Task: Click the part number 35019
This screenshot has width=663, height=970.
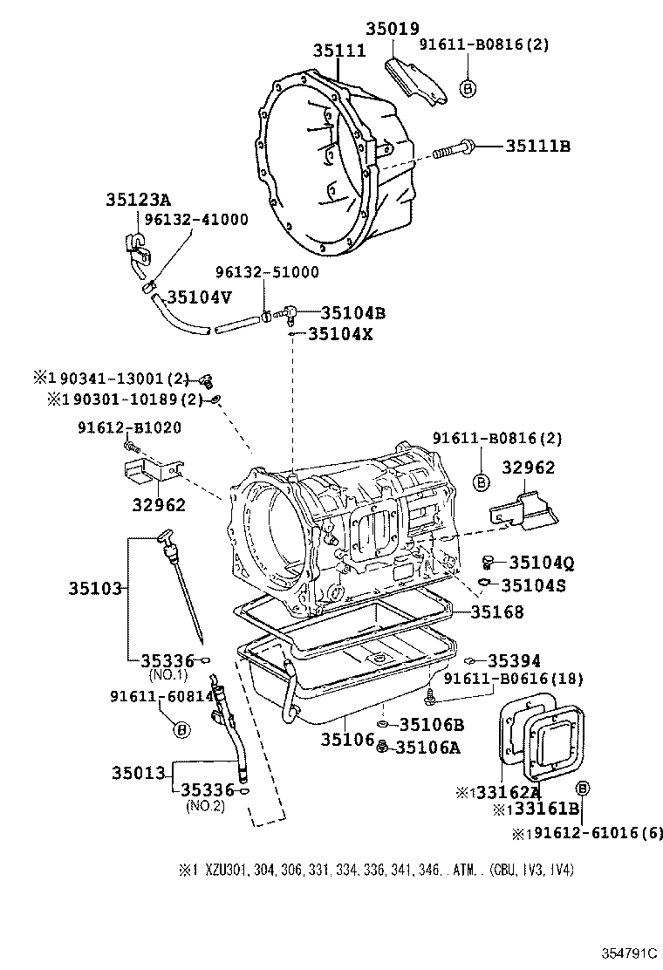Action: point(393,29)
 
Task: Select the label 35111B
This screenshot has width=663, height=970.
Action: point(537,147)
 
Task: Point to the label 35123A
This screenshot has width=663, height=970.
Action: point(139,199)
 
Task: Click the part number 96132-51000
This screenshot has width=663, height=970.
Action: point(269,272)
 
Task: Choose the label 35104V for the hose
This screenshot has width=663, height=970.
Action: point(200,297)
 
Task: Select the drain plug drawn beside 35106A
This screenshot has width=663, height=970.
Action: point(382,745)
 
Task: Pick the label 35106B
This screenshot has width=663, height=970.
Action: point(431,724)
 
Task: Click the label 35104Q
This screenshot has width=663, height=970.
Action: point(537,563)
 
